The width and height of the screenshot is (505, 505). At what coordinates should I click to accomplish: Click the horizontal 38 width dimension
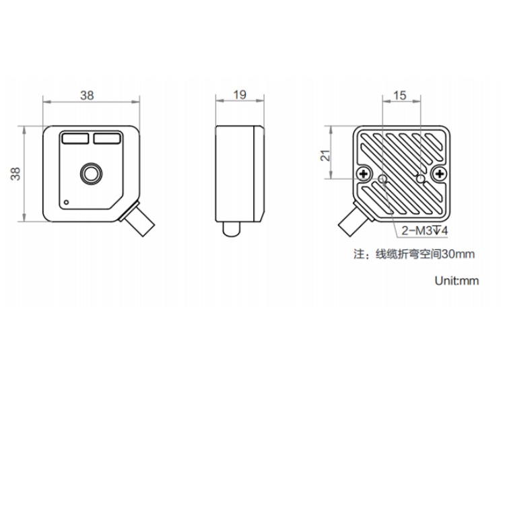[x=87, y=96]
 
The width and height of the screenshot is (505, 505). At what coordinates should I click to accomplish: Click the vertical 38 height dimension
[x=15, y=174]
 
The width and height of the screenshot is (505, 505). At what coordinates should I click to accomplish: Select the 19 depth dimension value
[x=240, y=95]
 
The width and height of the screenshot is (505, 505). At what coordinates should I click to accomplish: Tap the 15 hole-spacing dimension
[x=400, y=96]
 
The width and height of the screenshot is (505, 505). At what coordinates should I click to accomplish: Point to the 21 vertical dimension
[x=325, y=156]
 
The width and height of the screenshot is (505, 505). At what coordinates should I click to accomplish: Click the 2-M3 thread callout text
[x=424, y=230]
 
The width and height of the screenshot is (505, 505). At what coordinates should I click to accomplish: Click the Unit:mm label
[x=457, y=281]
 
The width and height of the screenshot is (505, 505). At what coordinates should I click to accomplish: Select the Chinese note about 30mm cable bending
[x=414, y=254]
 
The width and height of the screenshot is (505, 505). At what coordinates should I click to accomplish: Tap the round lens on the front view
[x=91, y=174]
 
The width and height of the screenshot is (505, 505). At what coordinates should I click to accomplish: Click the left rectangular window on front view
[x=75, y=139]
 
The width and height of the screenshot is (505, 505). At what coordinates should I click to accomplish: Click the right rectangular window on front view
[x=107, y=139]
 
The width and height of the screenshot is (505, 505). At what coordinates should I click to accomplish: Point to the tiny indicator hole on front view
[x=67, y=202]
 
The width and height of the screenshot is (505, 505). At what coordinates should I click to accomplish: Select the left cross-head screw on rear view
[x=364, y=174]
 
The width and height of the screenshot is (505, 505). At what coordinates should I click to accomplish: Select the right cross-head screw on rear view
[x=439, y=174]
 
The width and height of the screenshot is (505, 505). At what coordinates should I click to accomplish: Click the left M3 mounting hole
[x=383, y=178]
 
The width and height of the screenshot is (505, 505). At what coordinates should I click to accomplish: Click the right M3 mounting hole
[x=420, y=178]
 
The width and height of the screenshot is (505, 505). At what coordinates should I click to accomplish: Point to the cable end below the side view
[x=232, y=230]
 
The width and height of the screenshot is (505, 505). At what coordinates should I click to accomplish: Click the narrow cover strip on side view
[x=259, y=174]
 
